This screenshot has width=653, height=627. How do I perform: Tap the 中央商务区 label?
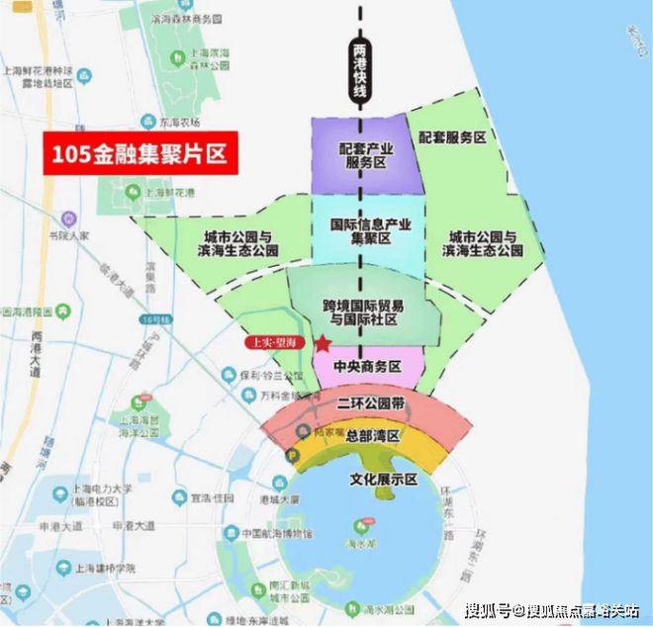pos(367,366)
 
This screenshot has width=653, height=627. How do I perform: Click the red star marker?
pos(323,344)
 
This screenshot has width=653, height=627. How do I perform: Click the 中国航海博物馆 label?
pos(269,534)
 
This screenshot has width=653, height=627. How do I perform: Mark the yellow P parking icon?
pos(292,455)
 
